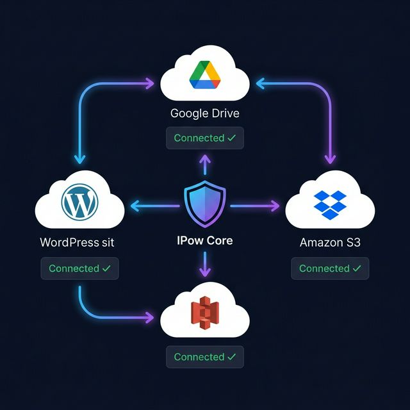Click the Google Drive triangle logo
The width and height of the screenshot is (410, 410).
click(x=205, y=75)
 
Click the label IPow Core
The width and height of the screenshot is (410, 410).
click(x=205, y=242)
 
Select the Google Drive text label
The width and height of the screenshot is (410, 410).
click(x=205, y=113)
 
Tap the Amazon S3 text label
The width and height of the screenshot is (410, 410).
click(x=330, y=243)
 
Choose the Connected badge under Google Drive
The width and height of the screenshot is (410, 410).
click(x=205, y=138)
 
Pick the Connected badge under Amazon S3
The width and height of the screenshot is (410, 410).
click(x=330, y=268)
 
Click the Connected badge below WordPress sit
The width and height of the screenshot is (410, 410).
click(x=79, y=268)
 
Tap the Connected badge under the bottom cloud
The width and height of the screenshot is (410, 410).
click(x=205, y=357)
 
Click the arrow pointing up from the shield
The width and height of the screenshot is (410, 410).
click(x=205, y=165)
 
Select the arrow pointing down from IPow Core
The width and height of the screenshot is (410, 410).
click(x=205, y=264)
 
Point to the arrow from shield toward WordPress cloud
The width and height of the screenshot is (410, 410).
click(x=154, y=206)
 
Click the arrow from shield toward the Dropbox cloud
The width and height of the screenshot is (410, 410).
click(x=255, y=206)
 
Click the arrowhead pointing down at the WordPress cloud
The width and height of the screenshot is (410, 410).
click(x=79, y=158)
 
